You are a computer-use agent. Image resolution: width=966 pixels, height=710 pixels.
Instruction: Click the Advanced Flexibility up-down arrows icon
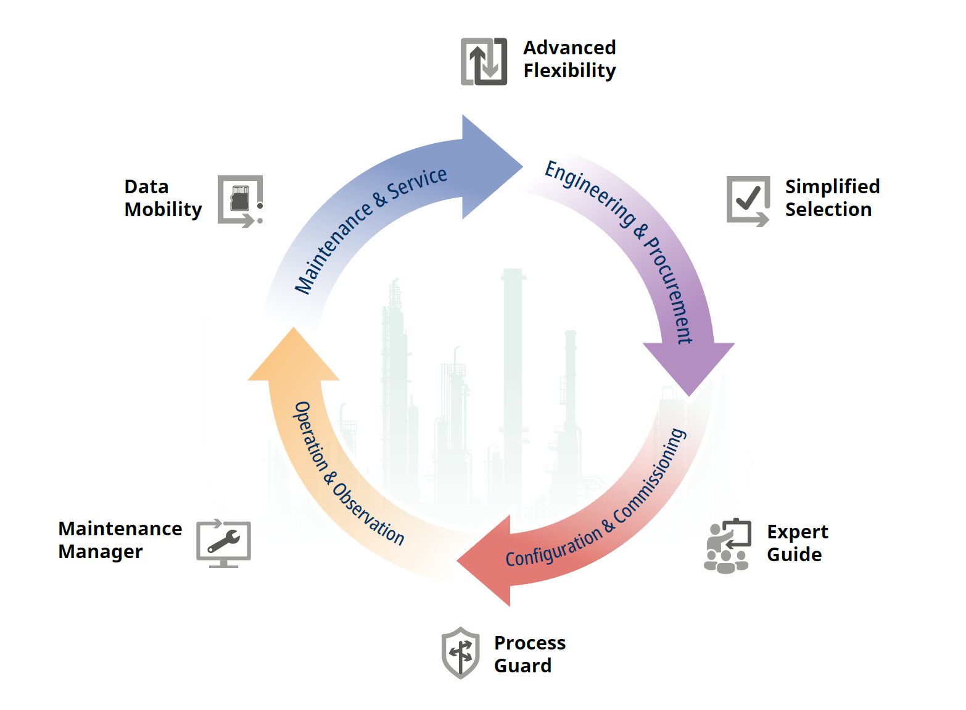(x=484, y=62)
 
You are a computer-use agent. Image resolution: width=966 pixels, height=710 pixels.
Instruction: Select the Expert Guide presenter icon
(x=728, y=546)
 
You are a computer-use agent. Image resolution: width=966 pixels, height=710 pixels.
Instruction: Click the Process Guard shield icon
(x=461, y=653)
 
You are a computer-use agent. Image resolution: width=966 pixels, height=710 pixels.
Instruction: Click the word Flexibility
(x=569, y=71)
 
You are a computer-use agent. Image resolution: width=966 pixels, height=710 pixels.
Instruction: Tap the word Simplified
(x=832, y=186)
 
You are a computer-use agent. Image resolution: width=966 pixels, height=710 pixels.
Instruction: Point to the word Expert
(x=797, y=532)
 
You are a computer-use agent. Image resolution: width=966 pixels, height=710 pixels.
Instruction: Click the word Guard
(x=522, y=666)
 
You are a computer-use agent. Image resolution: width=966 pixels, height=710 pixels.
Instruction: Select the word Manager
(x=101, y=551)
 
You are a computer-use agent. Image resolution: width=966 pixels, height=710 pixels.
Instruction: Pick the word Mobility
(x=163, y=210)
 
